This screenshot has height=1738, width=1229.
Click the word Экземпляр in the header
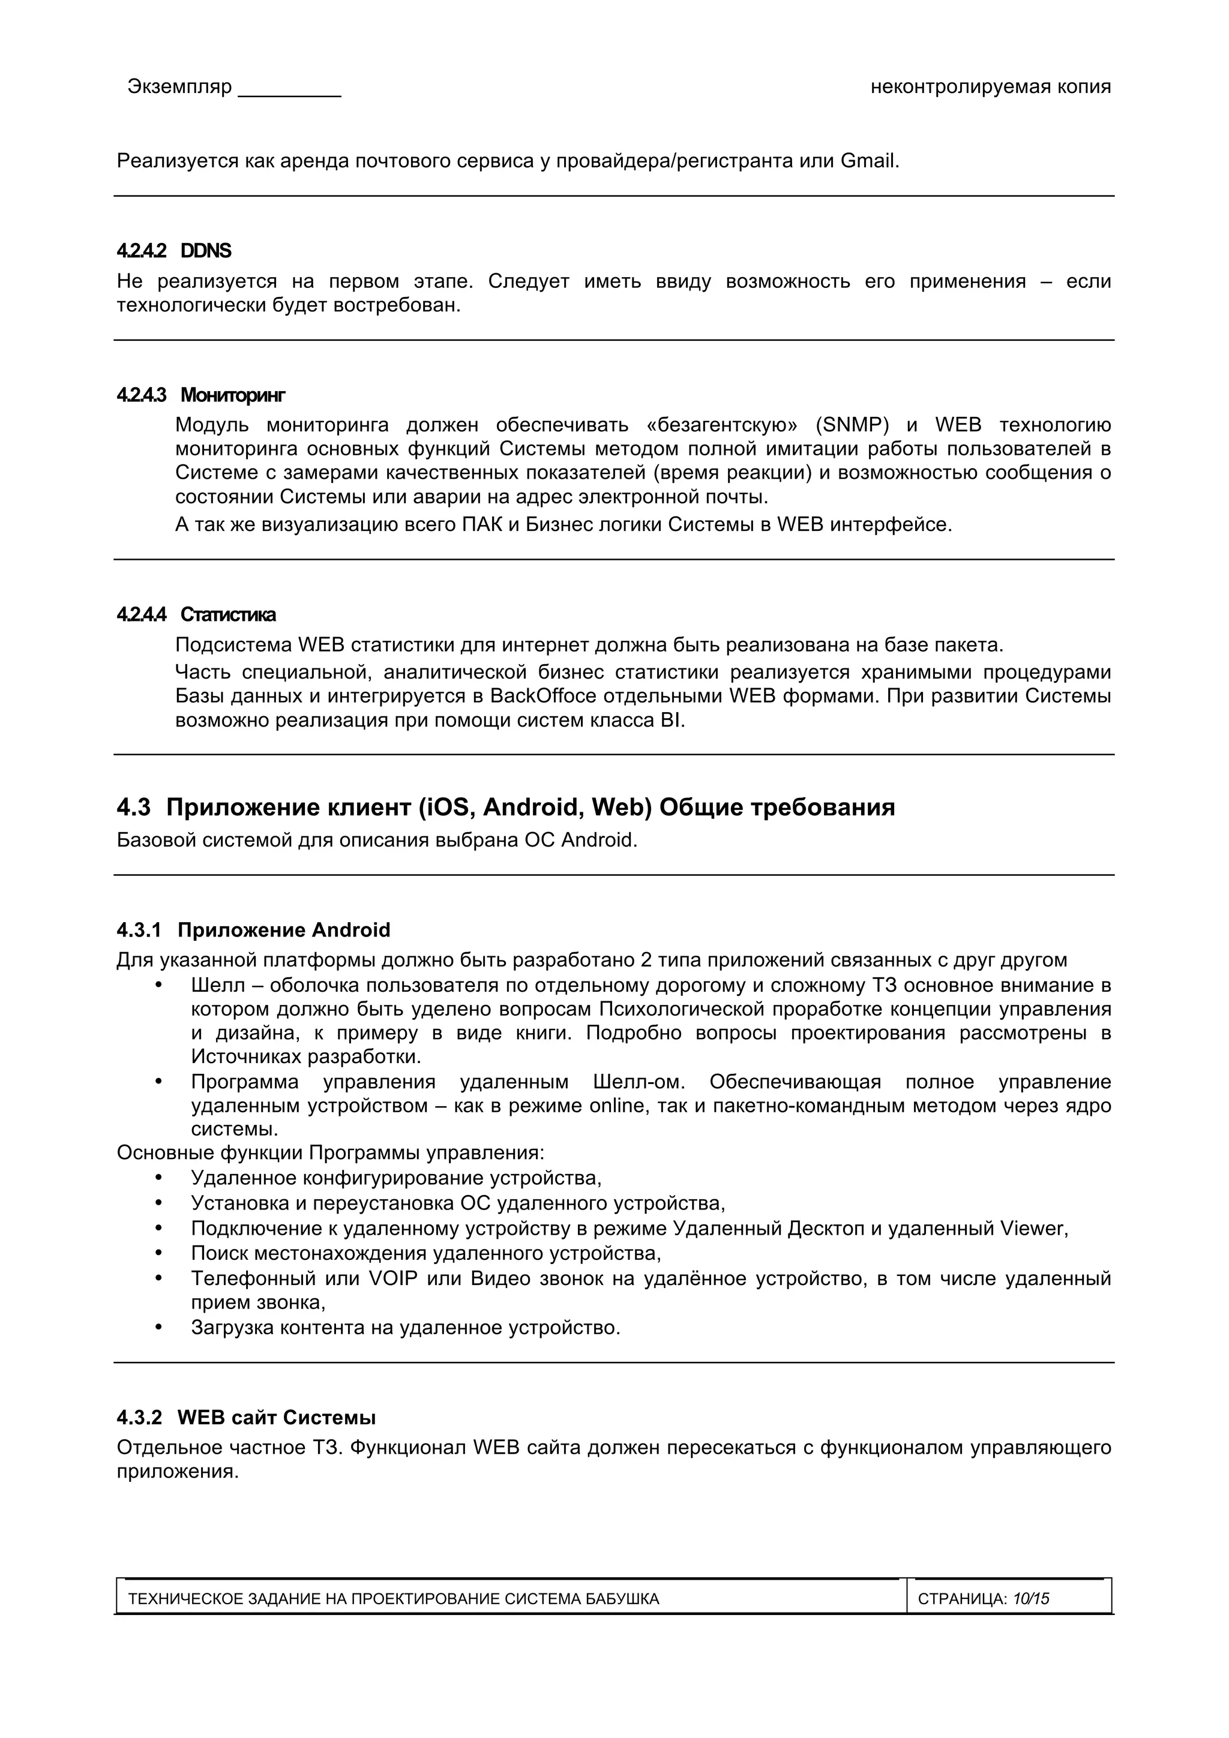coord(179,86)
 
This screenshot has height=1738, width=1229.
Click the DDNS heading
coord(206,251)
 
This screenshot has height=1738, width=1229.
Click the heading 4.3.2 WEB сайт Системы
coord(246,1417)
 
